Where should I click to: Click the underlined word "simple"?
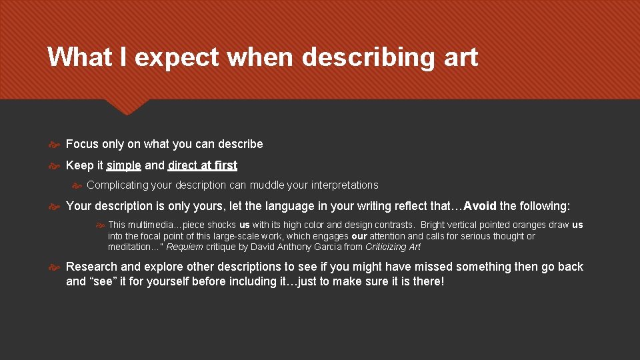pyautogui.click(x=124, y=165)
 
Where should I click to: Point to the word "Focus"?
pyautogui.click(x=82, y=144)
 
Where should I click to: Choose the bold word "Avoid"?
pyautogui.click(x=480, y=205)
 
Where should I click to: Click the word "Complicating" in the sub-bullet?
pyautogui.click(x=115, y=185)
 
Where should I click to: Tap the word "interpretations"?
pyautogui.click(x=345, y=185)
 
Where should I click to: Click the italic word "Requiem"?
pyautogui.click(x=185, y=247)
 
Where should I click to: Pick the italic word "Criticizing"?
pyautogui.click(x=386, y=247)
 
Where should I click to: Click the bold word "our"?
pyautogui.click(x=359, y=236)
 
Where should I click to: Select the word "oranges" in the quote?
pyautogui.click(x=527, y=225)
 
